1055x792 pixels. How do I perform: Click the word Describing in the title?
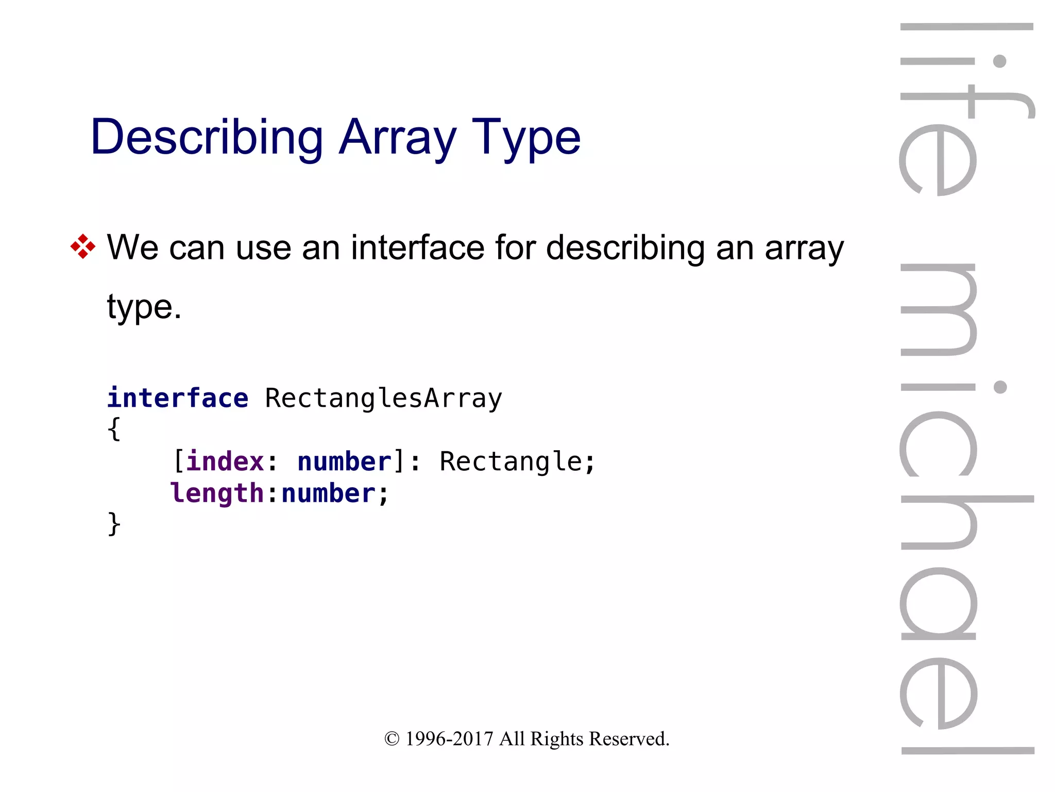click(x=207, y=137)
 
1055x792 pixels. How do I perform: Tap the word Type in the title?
click(x=526, y=137)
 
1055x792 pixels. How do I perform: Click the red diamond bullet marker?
click(x=83, y=246)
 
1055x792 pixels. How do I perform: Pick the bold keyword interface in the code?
click(x=178, y=398)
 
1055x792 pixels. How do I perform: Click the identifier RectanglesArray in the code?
click(x=383, y=398)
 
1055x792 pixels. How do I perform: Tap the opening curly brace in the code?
click(x=114, y=429)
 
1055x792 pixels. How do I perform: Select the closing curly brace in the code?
click(x=114, y=524)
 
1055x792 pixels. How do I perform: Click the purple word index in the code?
click(x=225, y=461)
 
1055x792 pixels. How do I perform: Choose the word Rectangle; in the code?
click(x=517, y=461)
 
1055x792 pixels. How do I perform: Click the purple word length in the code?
click(x=217, y=493)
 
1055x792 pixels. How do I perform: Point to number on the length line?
click(x=329, y=493)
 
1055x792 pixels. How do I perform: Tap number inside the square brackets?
click(x=345, y=461)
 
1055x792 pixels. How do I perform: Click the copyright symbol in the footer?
click(x=392, y=739)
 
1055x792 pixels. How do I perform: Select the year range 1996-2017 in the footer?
click(x=449, y=739)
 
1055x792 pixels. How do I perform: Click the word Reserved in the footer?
click(x=629, y=739)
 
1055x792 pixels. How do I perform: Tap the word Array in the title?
click(x=397, y=137)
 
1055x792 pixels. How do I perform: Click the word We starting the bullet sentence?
click(x=132, y=247)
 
